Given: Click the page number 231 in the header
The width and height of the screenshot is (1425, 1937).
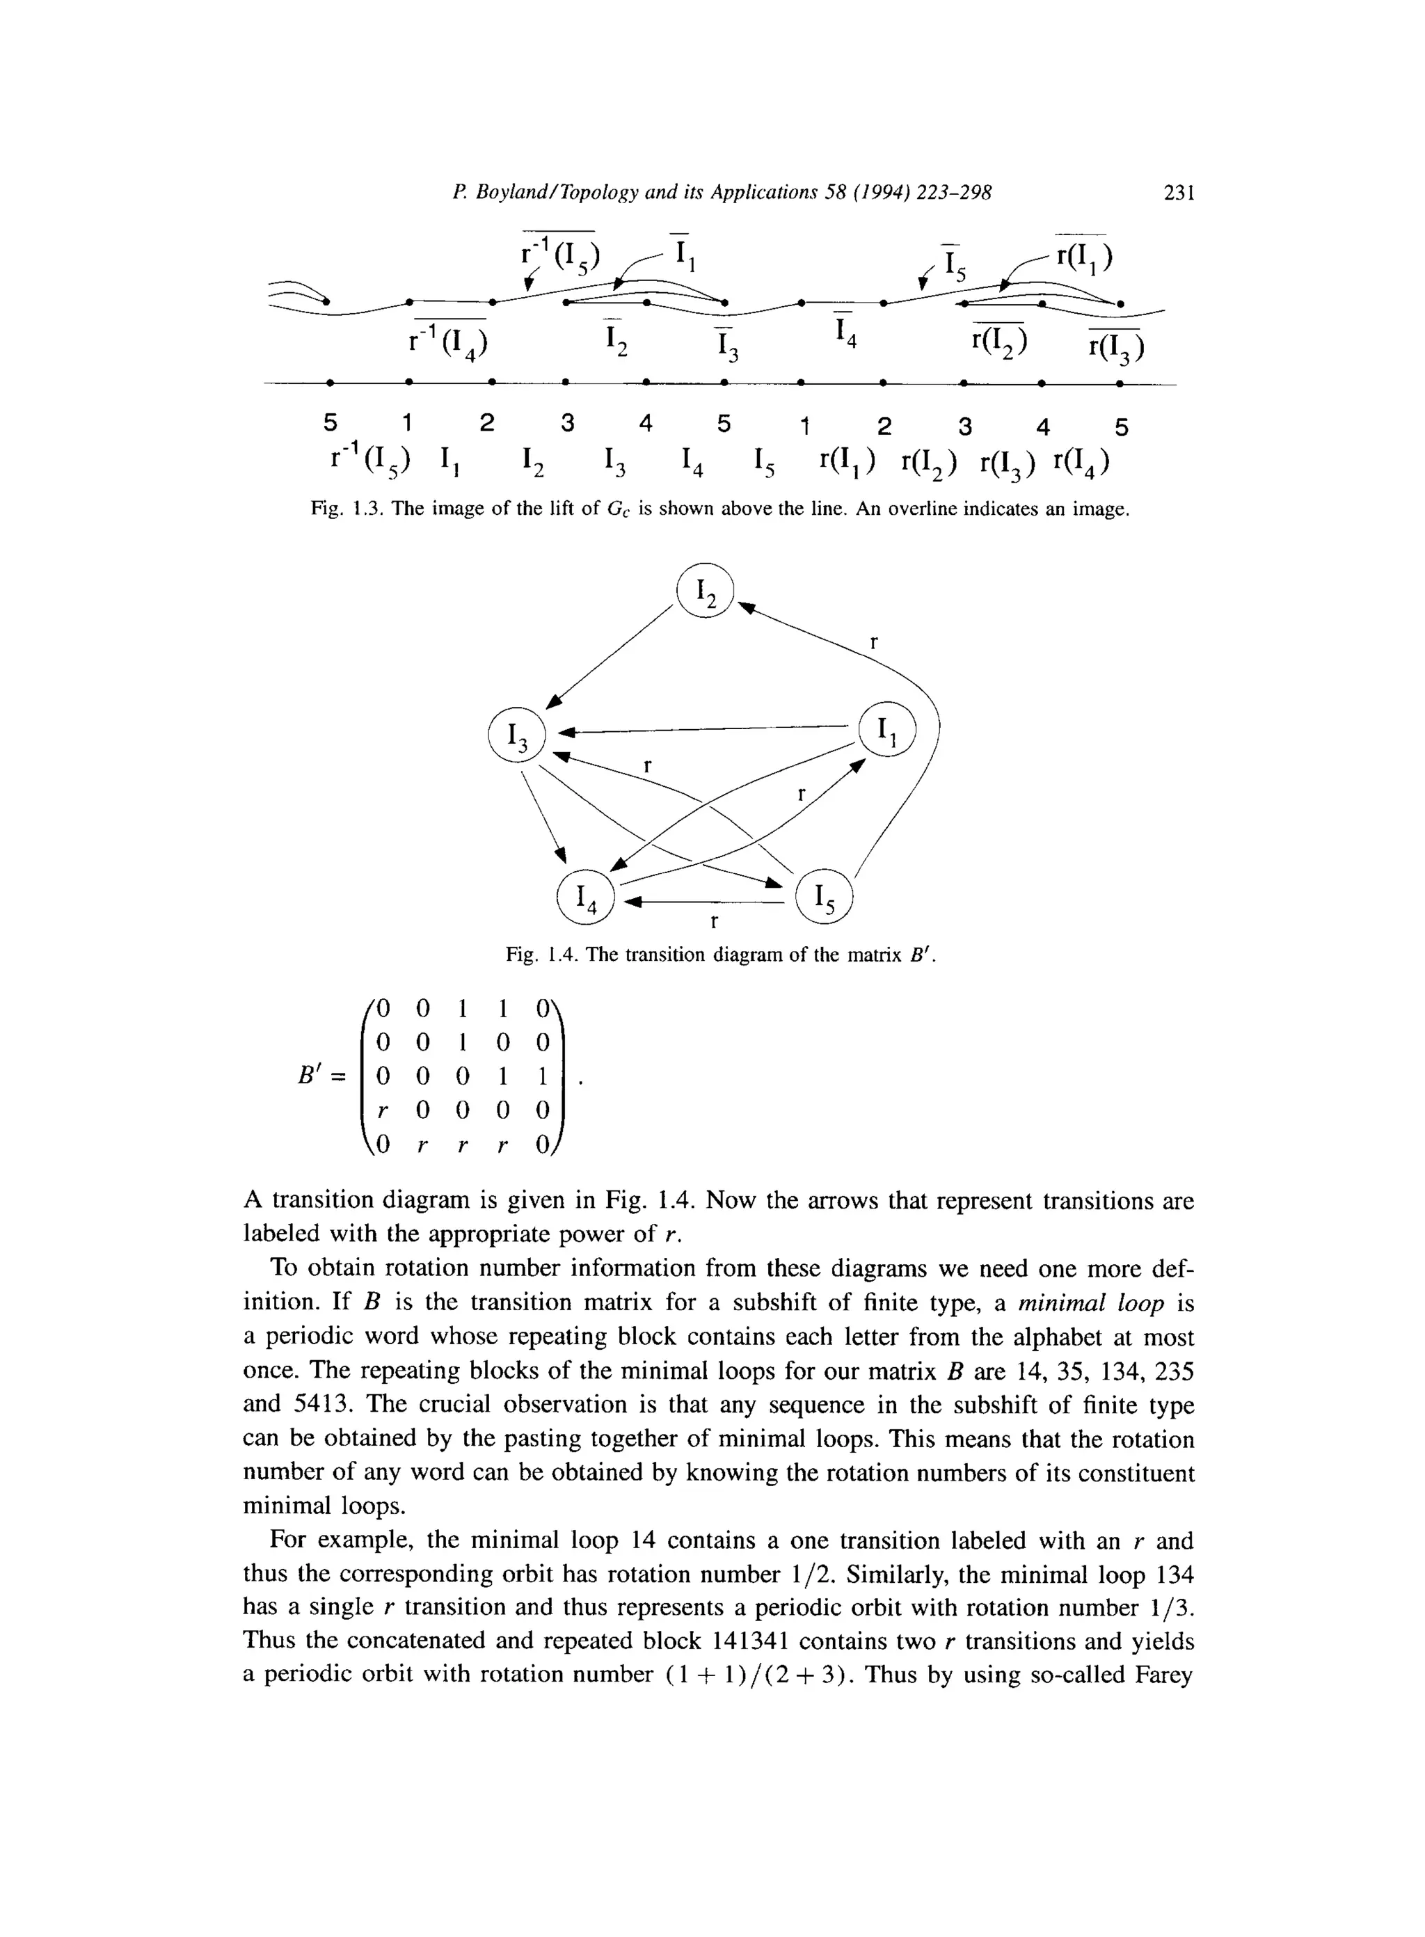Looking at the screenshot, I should pyautogui.click(x=1178, y=193).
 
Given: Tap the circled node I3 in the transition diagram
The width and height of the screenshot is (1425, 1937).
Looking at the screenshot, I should pyautogui.click(x=517, y=735).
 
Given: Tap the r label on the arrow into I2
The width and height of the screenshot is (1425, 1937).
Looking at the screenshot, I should pyautogui.click(x=874, y=641).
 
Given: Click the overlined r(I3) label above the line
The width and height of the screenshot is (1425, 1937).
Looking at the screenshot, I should pyautogui.click(x=1116, y=346).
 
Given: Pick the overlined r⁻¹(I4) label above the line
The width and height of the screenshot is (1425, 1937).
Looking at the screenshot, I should pyautogui.click(x=449, y=342).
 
